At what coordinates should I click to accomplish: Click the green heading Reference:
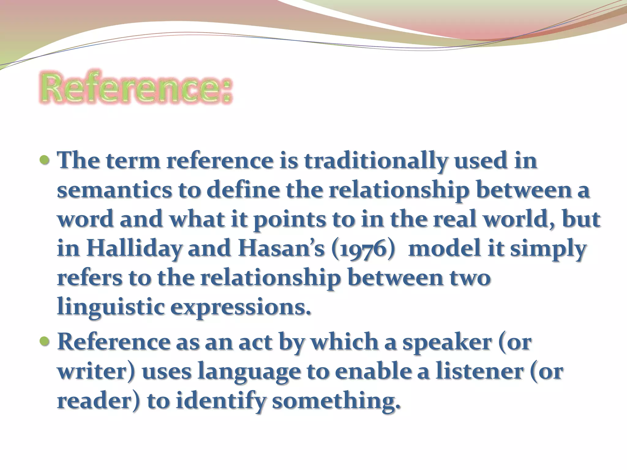click(x=135, y=88)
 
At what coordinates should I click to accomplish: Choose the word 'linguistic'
click(x=111, y=307)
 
